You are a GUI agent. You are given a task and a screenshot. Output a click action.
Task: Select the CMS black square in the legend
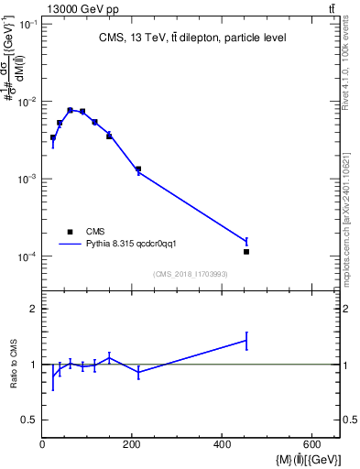coord(70,232)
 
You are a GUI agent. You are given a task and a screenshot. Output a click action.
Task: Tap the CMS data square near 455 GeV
coord(246,251)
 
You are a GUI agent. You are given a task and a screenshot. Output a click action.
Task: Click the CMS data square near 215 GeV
coord(138,169)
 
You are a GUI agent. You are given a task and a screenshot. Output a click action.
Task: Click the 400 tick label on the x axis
coord(222,444)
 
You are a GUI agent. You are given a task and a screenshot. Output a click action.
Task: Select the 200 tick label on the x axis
coord(132,444)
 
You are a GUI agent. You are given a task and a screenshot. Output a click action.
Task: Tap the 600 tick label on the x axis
coord(311,444)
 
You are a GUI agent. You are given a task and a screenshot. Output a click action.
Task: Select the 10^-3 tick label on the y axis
coord(27,180)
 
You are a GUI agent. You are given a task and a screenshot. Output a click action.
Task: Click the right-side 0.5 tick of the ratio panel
coord(349,420)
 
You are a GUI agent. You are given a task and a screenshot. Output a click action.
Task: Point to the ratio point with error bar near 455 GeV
coord(246,340)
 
